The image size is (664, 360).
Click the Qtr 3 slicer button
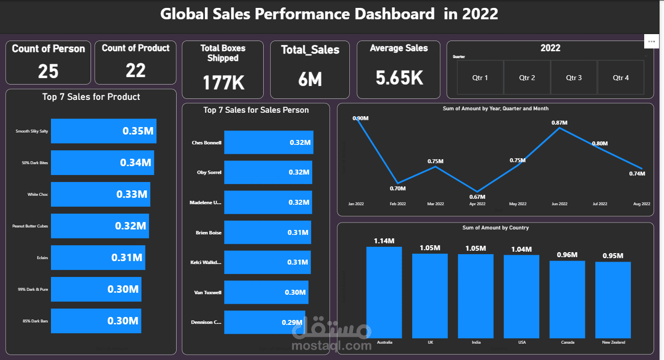point(574,78)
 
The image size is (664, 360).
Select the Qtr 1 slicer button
point(480,78)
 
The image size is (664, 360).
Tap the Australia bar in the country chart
point(384,292)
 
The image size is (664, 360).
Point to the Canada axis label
point(568,342)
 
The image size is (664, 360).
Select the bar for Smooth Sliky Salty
point(103,131)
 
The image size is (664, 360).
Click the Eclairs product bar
point(98,258)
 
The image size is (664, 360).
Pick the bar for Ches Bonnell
point(268,142)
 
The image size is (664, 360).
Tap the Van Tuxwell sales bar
point(266,292)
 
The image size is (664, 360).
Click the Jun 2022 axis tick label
point(560,204)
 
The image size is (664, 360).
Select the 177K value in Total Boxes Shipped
point(223,82)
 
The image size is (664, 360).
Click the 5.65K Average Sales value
point(399,78)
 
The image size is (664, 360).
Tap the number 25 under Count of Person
point(48,72)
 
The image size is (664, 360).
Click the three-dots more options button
point(651,42)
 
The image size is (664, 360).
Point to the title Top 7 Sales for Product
point(91,97)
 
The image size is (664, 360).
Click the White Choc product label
point(38,194)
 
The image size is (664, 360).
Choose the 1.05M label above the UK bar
point(429,248)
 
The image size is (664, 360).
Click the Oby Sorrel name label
point(209,173)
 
